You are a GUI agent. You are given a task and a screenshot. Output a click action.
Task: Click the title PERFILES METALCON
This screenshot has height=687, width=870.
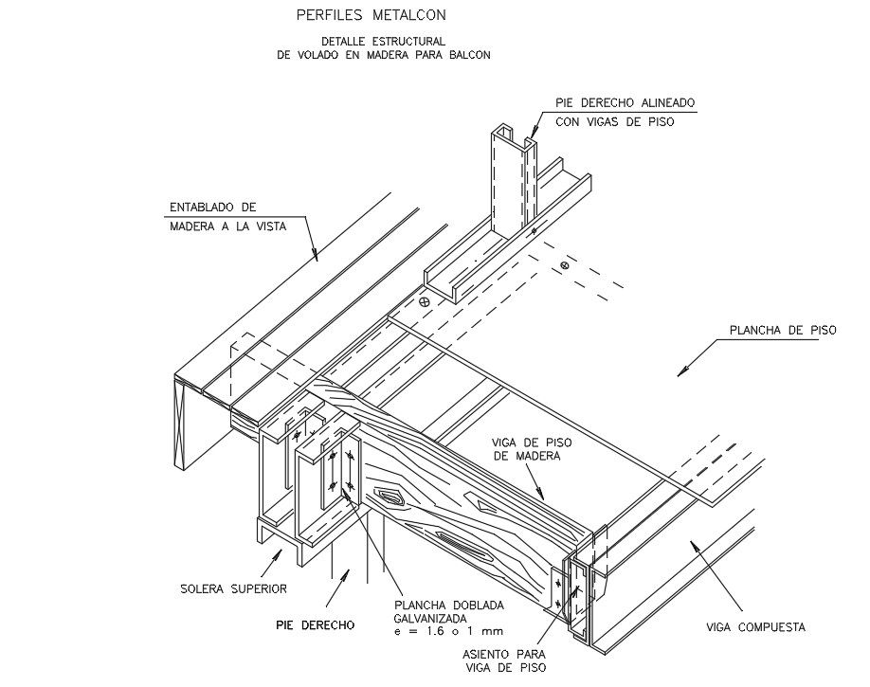click(372, 15)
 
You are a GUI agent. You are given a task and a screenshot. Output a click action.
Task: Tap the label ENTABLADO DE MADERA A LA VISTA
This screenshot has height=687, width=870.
click(228, 217)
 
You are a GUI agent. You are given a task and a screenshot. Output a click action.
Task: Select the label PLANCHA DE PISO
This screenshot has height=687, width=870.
click(782, 330)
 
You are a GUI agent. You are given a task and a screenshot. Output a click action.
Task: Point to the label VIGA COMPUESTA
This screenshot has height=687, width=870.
click(755, 627)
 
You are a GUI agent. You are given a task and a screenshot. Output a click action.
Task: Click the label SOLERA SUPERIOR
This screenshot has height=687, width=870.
click(233, 588)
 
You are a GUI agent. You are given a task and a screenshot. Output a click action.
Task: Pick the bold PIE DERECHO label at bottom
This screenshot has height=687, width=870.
click(316, 625)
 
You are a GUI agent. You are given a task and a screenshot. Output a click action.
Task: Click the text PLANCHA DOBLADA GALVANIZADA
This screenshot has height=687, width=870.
click(449, 611)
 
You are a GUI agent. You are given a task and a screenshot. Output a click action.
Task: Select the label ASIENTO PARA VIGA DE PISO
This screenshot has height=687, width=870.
click(504, 660)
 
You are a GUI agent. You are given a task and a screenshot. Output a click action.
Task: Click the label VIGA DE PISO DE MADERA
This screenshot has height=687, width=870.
click(532, 449)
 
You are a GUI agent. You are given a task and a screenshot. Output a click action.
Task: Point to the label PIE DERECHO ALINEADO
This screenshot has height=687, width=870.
click(625, 103)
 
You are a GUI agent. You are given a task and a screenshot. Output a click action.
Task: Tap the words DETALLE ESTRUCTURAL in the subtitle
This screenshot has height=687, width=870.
click(384, 41)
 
